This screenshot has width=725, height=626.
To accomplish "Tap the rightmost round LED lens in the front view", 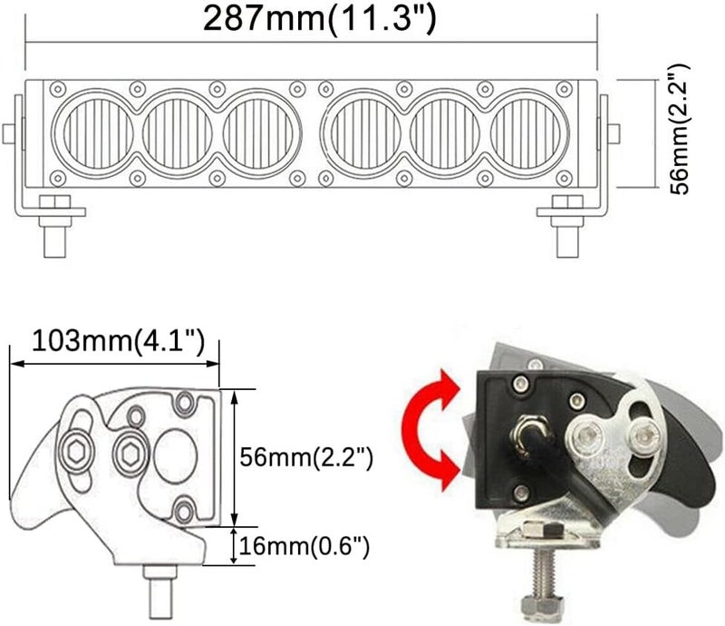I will pos(530,131).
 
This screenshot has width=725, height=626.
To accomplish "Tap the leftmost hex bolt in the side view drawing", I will pos(75,446).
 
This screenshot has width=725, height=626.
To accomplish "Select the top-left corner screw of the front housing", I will pos(57,89).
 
